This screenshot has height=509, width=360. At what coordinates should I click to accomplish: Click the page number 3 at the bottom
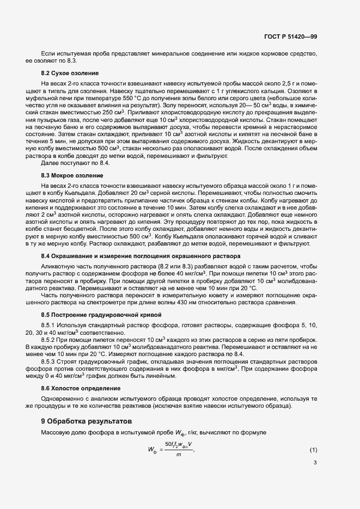point(315,463)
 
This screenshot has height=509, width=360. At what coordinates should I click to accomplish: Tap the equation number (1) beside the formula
point(313,450)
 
